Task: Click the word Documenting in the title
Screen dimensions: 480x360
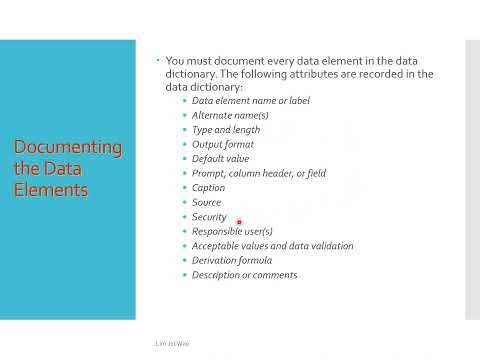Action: [x=68, y=148]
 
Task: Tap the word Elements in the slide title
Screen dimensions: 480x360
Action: [x=51, y=190]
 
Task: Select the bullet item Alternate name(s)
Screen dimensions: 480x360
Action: [x=230, y=115]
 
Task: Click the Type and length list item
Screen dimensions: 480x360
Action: [x=226, y=130]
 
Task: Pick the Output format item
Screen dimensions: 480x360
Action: [x=223, y=144]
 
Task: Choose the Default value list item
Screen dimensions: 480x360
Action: [x=220, y=159]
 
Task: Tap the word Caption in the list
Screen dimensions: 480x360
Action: [x=208, y=188]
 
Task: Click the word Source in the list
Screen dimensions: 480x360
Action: [x=206, y=202]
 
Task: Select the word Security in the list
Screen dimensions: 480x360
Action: [x=209, y=217]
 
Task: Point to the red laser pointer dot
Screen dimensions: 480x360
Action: [x=239, y=222]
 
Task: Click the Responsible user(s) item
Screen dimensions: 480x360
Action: [x=232, y=231]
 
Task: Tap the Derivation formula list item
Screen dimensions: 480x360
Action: [x=232, y=260]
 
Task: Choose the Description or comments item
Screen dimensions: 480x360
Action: [x=244, y=275]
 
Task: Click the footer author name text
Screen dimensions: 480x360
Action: [x=172, y=343]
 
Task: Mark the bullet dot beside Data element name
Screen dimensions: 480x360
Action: [x=185, y=100]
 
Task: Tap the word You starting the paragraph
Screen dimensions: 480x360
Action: [x=175, y=61]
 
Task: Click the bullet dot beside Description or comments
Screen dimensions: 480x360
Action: [x=185, y=275]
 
